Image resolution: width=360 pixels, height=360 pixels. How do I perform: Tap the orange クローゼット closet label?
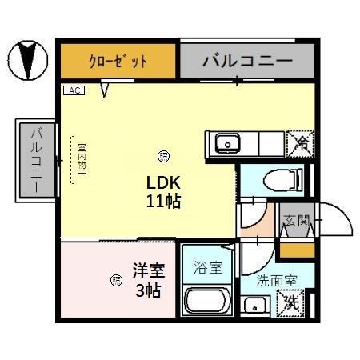coord(117,61)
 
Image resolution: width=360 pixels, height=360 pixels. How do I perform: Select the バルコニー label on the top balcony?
coord(246,59)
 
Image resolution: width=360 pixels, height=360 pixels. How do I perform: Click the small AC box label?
coord(72,90)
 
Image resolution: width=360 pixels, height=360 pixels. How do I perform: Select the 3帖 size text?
coord(148,290)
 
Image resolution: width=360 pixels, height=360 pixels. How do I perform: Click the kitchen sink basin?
coord(227,144)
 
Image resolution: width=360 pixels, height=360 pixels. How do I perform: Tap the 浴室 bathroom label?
coord(208,268)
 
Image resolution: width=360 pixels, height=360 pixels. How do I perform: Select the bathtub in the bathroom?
coord(208,303)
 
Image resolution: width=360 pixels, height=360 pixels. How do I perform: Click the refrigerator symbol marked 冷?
coord(300,143)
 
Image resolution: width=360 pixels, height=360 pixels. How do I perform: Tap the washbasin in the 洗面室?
coord(256,306)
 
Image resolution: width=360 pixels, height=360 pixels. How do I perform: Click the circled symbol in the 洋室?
coord(115,279)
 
